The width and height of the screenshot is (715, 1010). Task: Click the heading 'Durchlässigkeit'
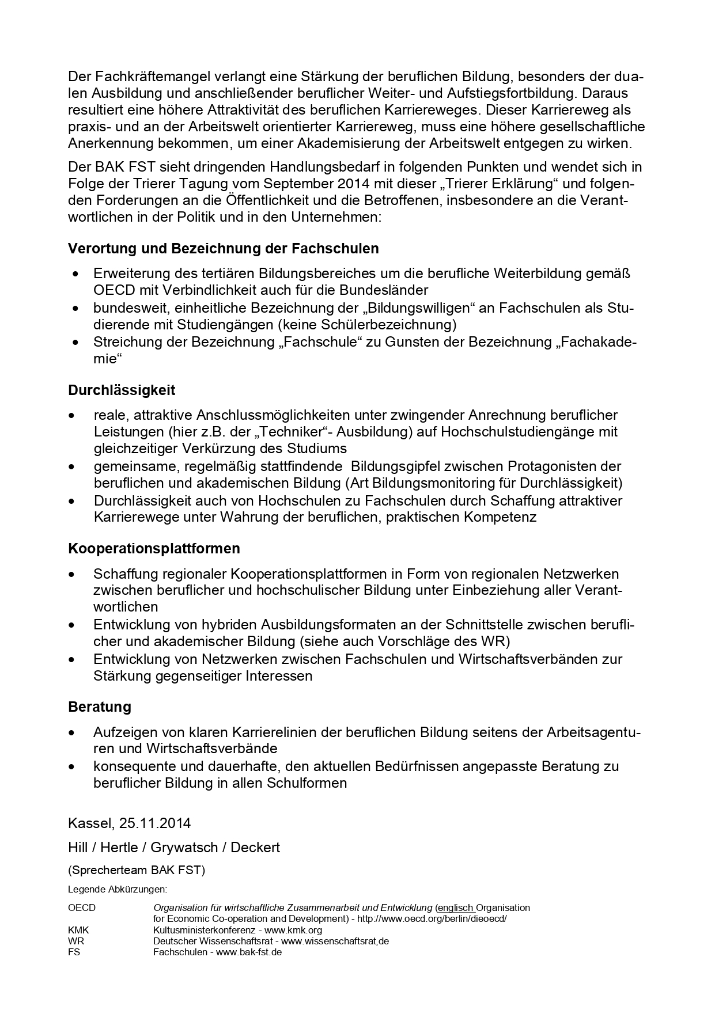[122, 390]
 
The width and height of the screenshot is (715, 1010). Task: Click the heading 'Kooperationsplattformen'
[154, 548]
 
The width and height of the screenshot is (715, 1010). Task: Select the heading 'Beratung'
[100, 707]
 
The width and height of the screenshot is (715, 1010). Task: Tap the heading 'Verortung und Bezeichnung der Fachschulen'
[224, 248]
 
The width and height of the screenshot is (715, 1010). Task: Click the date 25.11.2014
[155, 823]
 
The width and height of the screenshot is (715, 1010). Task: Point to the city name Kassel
[91, 823]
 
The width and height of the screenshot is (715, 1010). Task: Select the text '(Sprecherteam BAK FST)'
[137, 869]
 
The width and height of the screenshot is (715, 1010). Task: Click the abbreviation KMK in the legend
[78, 930]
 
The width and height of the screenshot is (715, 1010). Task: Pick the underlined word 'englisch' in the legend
[456, 908]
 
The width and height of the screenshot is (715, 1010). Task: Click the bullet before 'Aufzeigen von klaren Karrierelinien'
[72, 733]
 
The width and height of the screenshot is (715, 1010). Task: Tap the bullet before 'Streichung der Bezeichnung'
[75, 343]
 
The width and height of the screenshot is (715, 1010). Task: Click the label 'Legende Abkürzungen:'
[118, 889]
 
